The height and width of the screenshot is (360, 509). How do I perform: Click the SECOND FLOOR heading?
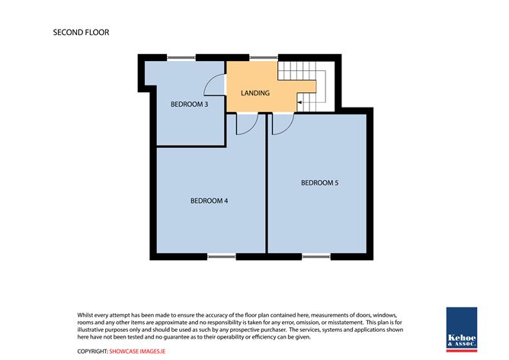tap(82, 33)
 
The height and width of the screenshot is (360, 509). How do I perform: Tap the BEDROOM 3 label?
tap(189, 104)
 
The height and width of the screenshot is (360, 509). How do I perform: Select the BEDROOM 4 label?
tap(209, 201)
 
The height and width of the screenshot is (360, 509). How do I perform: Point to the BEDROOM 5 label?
tap(320, 183)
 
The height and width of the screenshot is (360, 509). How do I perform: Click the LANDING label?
tap(255, 93)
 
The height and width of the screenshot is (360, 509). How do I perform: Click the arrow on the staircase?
tap(300, 103)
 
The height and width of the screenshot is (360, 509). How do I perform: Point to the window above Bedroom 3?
tap(181, 58)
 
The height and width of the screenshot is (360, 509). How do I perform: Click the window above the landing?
tap(264, 58)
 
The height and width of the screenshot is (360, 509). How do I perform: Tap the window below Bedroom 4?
tap(222, 257)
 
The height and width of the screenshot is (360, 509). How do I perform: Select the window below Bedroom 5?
tap(316, 257)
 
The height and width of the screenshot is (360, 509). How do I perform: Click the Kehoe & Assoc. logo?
tap(462, 329)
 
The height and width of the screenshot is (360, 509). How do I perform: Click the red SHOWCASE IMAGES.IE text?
tap(137, 351)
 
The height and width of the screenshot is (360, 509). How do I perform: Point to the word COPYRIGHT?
tap(92, 351)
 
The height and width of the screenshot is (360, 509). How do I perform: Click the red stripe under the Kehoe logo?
tap(462, 351)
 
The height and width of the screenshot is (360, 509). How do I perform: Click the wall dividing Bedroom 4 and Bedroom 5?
tap(267, 183)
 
